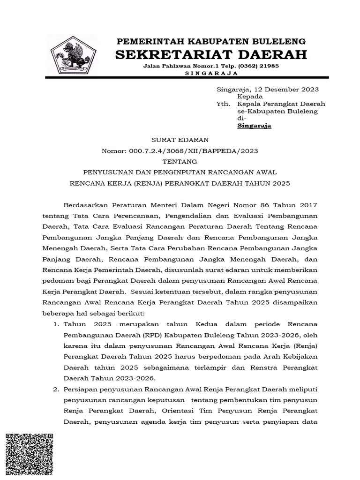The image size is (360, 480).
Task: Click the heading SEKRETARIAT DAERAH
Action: (x=211, y=54)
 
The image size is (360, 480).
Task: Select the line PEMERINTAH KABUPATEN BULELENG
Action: (x=211, y=41)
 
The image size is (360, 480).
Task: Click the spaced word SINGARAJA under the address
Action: (x=211, y=73)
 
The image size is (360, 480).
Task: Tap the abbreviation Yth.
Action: (x=223, y=104)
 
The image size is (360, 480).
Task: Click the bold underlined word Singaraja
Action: (x=254, y=126)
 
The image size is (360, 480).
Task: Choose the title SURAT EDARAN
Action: (x=180, y=140)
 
